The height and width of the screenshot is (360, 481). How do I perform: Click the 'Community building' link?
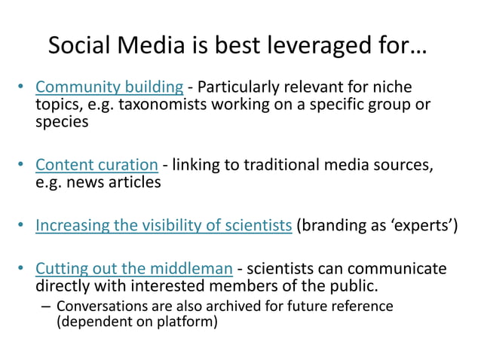pyautogui.click(x=109, y=87)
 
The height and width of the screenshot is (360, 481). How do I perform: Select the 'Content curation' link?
pyautogui.click(x=97, y=165)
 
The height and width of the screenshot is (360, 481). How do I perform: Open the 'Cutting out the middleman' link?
pyautogui.click(x=133, y=269)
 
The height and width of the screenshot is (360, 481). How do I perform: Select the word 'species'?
pyautogui.click(x=62, y=122)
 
